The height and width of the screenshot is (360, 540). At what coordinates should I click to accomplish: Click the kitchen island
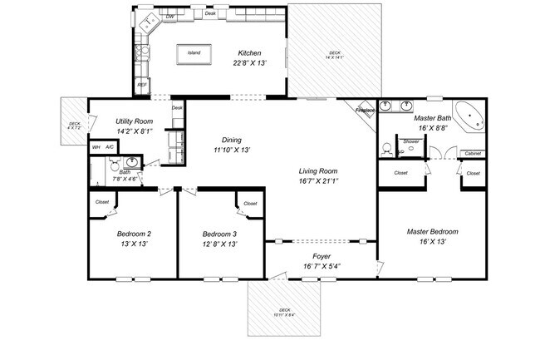[194, 53]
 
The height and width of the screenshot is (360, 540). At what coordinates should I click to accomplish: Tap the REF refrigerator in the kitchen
[142, 85]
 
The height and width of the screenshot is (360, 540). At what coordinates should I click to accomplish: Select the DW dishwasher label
[169, 17]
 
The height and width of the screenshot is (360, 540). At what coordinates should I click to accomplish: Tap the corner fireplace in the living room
[366, 111]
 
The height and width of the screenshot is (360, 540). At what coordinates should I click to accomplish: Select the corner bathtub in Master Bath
[469, 115]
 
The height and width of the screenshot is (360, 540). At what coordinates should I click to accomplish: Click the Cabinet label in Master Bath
[473, 153]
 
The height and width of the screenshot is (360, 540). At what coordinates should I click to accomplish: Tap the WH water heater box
[96, 147]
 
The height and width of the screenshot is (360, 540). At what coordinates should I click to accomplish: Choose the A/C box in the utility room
[110, 147]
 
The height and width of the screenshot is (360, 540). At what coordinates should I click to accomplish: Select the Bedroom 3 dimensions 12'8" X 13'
[220, 244]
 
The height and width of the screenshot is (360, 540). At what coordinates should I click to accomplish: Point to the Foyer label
[322, 256]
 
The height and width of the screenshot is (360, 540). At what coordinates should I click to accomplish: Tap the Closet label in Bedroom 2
[102, 202]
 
